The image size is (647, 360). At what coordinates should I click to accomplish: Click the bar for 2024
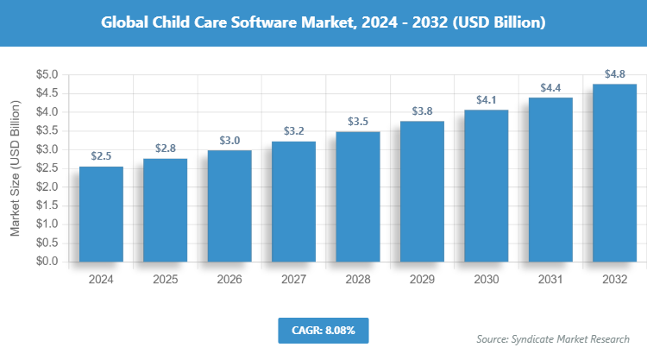pos(101,214)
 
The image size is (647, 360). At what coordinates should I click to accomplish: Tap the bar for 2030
pos(487,185)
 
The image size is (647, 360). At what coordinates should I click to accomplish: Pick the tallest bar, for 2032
pos(615,172)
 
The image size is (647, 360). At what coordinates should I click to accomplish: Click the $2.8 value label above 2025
pos(165,148)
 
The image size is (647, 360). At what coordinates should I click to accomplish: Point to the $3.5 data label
pos(358,122)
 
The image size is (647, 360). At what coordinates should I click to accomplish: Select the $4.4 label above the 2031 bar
pos(550,87)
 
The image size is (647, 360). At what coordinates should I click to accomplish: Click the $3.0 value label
pos(229,140)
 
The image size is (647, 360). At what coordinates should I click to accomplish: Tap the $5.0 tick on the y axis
pos(46,75)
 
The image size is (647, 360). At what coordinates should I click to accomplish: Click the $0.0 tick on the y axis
pos(46,261)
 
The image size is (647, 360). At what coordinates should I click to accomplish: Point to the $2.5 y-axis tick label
pos(46,168)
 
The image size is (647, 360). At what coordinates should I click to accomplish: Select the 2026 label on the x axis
pos(229,280)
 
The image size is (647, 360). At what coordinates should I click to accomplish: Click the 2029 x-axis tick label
pos(422,280)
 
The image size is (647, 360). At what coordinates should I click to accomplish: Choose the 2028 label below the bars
pos(358,280)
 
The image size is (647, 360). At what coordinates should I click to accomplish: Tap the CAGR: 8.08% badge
pos(323,330)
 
